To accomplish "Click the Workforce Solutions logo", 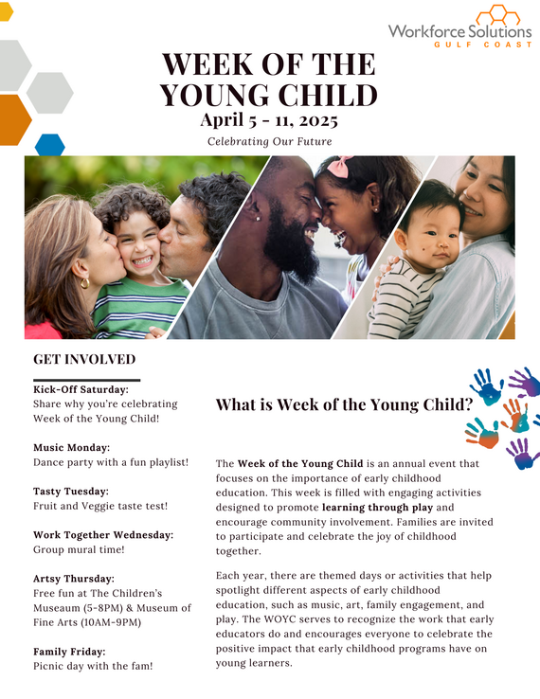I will click(x=459, y=26).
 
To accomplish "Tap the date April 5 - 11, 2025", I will click(x=268, y=120).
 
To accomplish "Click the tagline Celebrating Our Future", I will click(x=270, y=142).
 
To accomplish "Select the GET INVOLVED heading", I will click(x=84, y=360).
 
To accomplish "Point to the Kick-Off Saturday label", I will click(x=81, y=389).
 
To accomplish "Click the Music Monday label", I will click(x=72, y=447).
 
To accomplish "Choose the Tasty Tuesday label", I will click(x=71, y=492).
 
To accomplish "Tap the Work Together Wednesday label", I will click(x=103, y=535).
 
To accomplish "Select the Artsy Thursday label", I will click(x=74, y=579).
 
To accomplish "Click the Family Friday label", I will click(x=69, y=652).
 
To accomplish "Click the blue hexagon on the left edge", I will click(x=50, y=145).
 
